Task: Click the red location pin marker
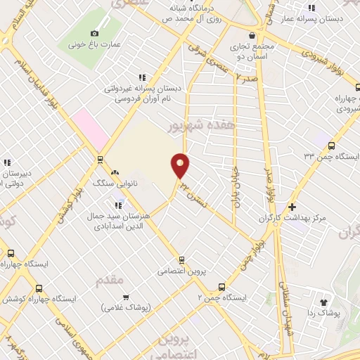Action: pos(181,165)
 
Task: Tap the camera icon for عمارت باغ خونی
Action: pos(95,32)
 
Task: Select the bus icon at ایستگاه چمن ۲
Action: pos(222,286)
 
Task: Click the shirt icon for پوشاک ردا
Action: pos(323,302)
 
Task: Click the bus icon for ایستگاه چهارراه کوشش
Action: pos(38,288)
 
